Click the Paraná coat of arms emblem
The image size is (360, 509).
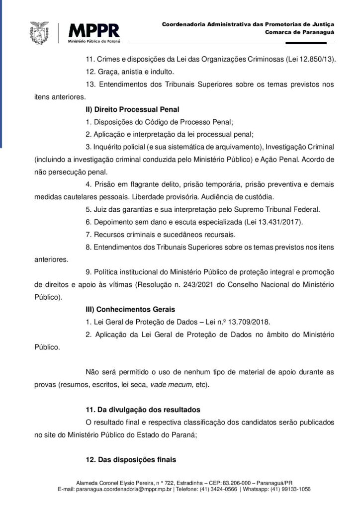tap(40, 32)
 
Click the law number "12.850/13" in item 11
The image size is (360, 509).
tap(316, 59)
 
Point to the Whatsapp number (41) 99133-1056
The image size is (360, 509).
tap(290, 489)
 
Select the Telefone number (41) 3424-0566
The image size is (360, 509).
tap(218, 489)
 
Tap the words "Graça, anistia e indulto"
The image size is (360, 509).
tap(132, 71)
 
